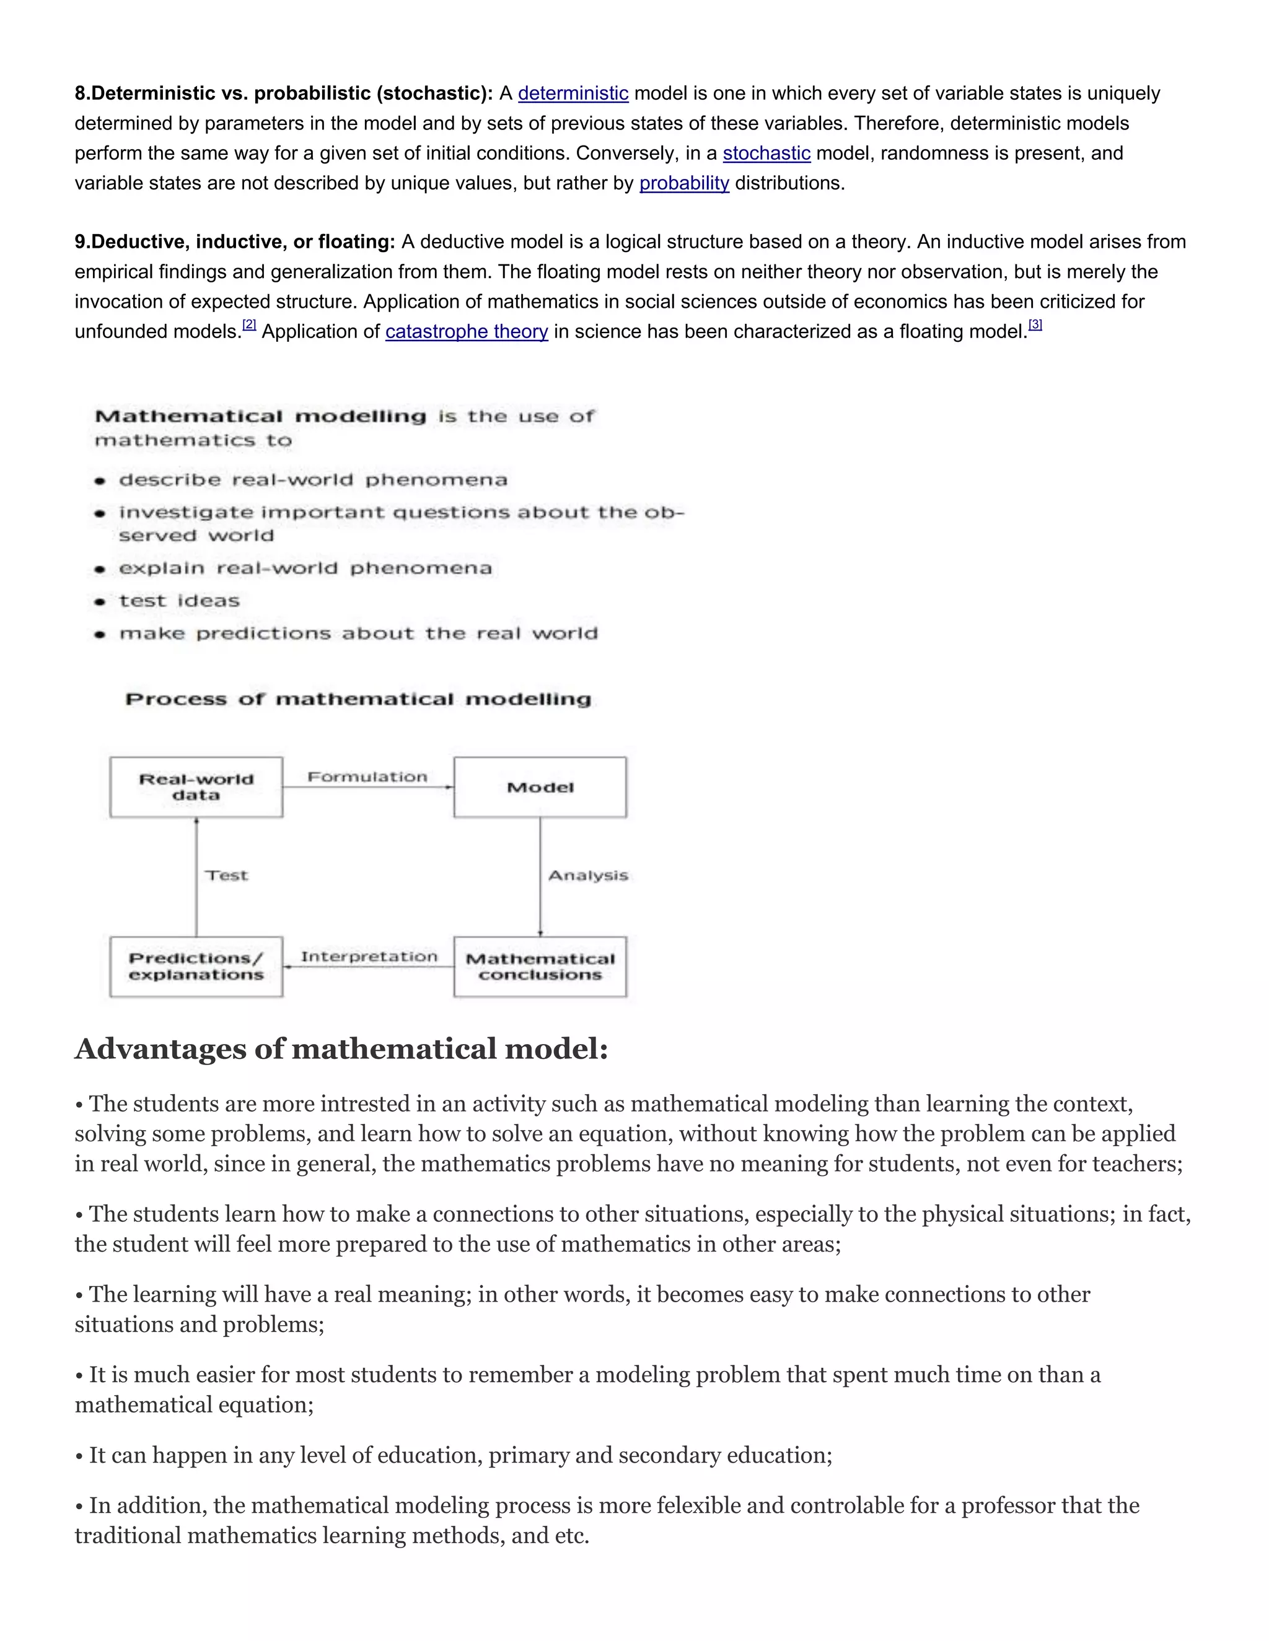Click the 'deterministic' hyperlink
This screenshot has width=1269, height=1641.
[x=573, y=94]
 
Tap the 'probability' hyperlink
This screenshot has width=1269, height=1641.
[x=684, y=184]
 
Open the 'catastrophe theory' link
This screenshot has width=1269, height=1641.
[x=466, y=332]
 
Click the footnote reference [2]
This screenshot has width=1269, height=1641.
[x=249, y=325]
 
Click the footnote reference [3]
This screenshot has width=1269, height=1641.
[x=1035, y=324]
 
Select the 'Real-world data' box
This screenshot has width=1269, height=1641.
[x=196, y=786]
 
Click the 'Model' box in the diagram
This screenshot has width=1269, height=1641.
[x=540, y=786]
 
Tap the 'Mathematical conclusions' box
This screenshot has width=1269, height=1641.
[x=540, y=966]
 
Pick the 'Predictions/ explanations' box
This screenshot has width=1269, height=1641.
[x=196, y=966]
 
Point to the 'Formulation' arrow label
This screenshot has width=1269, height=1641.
[x=367, y=777]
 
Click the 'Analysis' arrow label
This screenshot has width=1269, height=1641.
[x=588, y=876]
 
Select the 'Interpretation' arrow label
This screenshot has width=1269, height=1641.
[x=369, y=957]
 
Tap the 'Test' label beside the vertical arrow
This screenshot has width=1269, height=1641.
[x=226, y=876]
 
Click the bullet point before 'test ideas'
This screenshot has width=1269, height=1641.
[x=100, y=602]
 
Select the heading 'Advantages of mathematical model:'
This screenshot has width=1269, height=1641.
[x=341, y=1049]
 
